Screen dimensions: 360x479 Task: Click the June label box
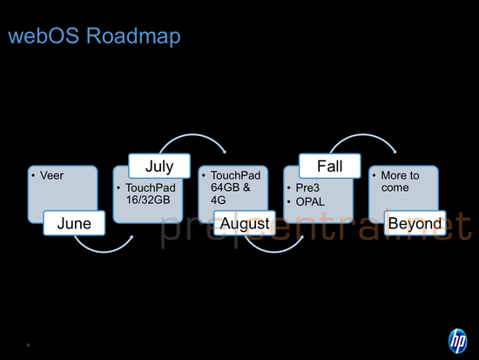[74, 224]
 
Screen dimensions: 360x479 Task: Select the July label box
[159, 166]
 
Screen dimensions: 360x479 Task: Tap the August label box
[245, 224]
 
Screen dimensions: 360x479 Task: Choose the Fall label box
[329, 166]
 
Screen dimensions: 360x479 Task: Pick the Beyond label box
[415, 224]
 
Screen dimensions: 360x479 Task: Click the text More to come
[400, 181]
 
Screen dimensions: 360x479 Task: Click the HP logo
[457, 339]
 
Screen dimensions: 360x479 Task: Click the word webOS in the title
[43, 37]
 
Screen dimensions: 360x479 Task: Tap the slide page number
[29, 344]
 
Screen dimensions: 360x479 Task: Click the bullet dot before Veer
[32, 175]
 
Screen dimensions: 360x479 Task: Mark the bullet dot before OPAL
[290, 200]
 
